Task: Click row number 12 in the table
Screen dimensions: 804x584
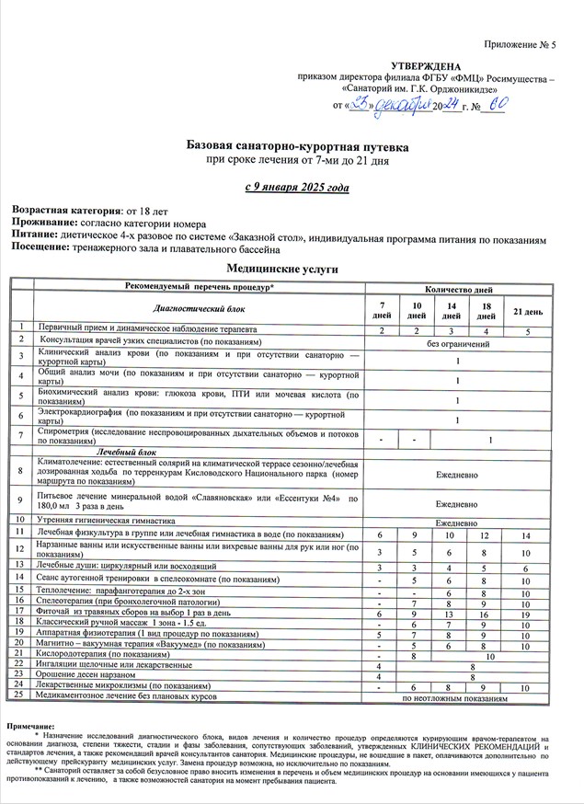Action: (x=19, y=550)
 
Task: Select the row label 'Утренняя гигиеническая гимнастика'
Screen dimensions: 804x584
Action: (x=109, y=520)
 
